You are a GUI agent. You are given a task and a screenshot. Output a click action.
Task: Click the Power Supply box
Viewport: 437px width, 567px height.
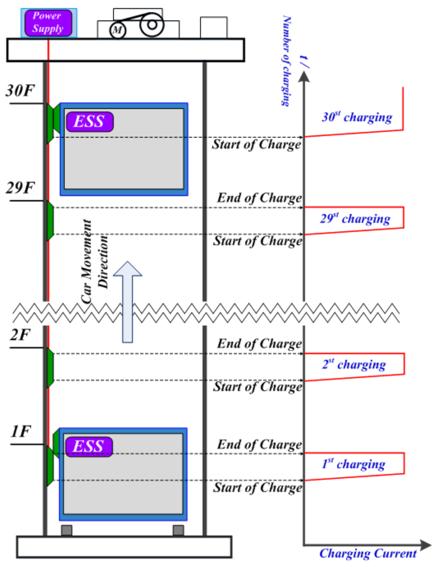pos(48,23)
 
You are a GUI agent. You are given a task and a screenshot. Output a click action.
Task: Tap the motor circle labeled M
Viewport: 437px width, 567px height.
pos(118,30)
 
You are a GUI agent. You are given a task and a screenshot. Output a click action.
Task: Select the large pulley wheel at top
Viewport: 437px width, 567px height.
pos(152,25)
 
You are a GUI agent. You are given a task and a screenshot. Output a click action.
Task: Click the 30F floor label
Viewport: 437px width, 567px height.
pos(20,91)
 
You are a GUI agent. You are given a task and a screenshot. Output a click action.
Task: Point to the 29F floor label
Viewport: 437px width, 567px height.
pos(20,188)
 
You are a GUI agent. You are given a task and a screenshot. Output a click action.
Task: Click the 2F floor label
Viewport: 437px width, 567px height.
pos(20,335)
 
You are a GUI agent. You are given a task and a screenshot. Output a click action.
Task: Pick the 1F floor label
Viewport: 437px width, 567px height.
pos(20,432)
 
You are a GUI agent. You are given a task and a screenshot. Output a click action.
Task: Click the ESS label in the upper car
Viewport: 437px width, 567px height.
pos(90,121)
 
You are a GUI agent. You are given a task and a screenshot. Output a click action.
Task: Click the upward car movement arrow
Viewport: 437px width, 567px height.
pos(128,301)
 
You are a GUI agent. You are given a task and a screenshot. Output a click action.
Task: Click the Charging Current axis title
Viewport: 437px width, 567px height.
pos(368,553)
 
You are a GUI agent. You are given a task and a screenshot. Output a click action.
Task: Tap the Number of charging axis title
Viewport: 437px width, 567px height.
pos(286,61)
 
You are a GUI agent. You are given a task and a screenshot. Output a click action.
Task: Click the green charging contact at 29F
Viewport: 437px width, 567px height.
pos(50,221)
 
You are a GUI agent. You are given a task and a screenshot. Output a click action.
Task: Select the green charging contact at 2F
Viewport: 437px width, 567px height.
pos(50,367)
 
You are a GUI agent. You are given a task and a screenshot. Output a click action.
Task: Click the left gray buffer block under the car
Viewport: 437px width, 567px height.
pos(67,530)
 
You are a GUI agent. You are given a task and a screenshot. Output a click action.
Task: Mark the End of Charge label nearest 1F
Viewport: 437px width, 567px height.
pos(259,444)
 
